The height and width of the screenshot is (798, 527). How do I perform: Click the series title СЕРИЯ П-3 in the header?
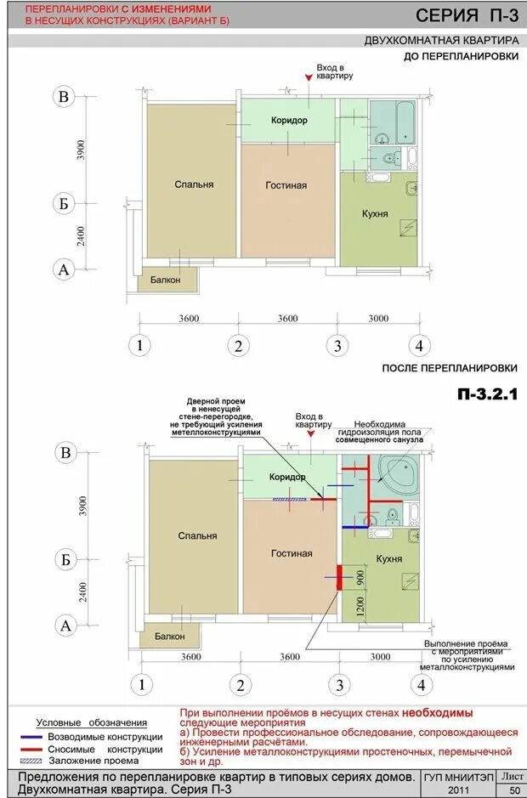[467, 16]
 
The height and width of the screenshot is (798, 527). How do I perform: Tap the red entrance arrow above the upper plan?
[309, 77]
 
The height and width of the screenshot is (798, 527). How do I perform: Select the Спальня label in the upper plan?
[194, 184]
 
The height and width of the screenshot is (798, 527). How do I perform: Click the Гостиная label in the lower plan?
[292, 553]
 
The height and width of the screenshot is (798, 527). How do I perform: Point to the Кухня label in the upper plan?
[375, 214]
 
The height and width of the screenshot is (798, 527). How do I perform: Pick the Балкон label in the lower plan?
[170, 637]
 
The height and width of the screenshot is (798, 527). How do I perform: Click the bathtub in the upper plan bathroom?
[405, 122]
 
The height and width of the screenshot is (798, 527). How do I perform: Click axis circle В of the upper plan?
[64, 96]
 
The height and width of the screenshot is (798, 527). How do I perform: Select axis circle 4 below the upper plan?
[419, 346]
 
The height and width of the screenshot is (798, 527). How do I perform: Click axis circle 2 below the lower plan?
[241, 685]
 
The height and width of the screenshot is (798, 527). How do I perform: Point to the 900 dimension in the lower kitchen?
[360, 578]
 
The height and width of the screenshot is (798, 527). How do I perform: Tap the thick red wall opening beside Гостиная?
[338, 578]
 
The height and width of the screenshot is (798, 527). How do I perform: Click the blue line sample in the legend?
[31, 737]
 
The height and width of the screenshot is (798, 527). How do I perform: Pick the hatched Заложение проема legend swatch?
[31, 761]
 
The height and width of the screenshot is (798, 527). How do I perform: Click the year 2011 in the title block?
[459, 790]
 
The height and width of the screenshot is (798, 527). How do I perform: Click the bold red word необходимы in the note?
[438, 713]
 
